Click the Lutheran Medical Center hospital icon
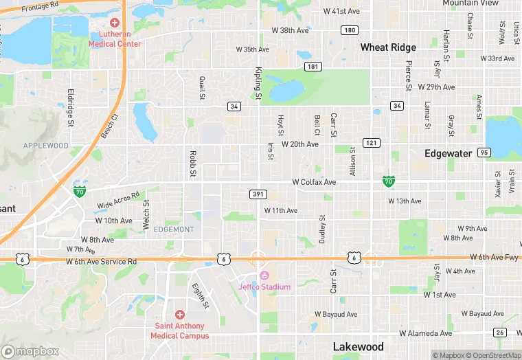[x=115, y=23]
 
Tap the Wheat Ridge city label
[x=388, y=47]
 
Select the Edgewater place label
[x=449, y=153]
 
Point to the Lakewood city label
[x=358, y=347]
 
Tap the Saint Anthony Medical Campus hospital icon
[x=180, y=314]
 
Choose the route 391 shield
[x=258, y=194]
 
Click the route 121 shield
[x=372, y=142]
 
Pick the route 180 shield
[x=350, y=30]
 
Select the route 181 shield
[x=313, y=67]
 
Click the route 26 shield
[x=499, y=333]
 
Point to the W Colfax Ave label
[x=314, y=182]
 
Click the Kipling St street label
[x=259, y=83]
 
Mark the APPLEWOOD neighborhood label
[x=46, y=146]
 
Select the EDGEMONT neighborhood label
[x=174, y=229]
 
